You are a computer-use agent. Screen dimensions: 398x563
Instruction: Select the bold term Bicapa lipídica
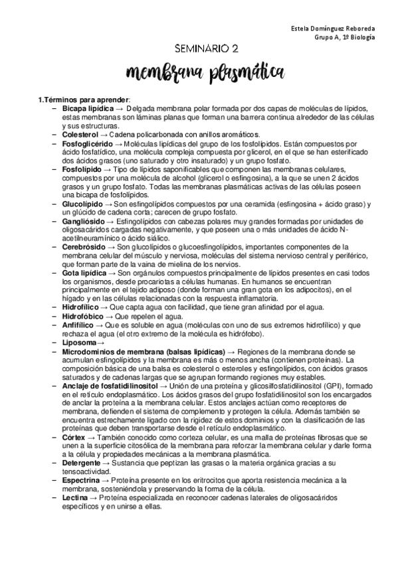click(88, 108)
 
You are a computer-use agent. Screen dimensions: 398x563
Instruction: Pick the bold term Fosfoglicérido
click(88, 143)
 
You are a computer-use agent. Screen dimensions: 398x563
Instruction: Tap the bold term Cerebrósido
click(84, 246)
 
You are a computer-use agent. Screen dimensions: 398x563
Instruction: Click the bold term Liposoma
click(79, 342)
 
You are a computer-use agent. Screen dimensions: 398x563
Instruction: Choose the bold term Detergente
click(82, 463)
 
